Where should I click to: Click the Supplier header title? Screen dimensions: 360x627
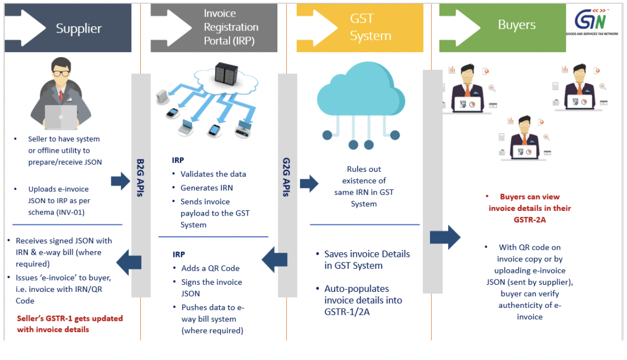[x=79, y=28]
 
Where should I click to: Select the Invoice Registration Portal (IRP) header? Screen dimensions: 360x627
[x=231, y=27]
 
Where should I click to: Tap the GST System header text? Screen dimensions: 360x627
[x=370, y=27]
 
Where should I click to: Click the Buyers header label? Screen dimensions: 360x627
[x=517, y=25]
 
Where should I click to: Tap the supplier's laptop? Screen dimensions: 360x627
[x=60, y=117]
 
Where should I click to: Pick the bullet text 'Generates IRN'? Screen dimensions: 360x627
[x=206, y=188]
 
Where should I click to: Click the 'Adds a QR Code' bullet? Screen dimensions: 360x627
[x=210, y=268]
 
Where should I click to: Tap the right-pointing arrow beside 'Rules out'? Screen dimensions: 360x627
[x=309, y=184]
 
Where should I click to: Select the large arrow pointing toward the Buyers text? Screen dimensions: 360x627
[x=445, y=237]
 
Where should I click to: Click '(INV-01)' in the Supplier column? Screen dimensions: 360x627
[x=74, y=212]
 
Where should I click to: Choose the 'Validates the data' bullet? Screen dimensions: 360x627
[x=213, y=174]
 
